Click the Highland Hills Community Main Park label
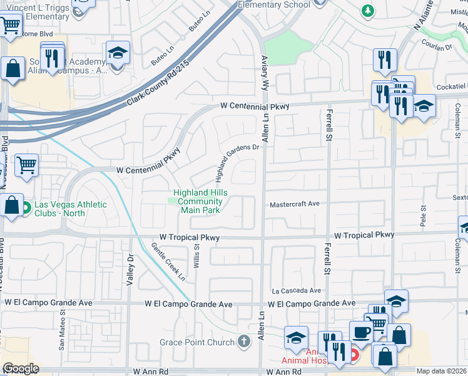click(x=201, y=201)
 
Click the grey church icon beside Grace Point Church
click(x=244, y=342)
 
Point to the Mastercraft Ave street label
click(x=295, y=204)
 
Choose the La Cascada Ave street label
click(x=296, y=291)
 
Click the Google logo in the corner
click(x=21, y=369)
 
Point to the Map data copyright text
click(x=442, y=371)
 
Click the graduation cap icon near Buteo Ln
click(x=117, y=53)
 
